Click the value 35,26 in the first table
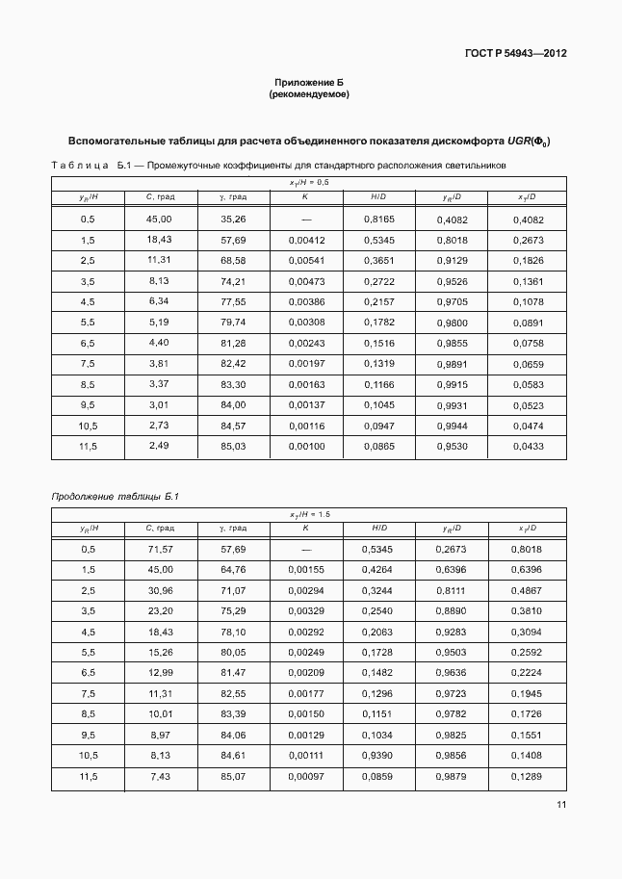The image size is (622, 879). click(x=233, y=220)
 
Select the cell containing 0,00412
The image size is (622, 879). click(x=306, y=240)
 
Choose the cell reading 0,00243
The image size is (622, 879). click(x=306, y=342)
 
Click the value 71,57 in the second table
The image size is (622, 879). click(x=159, y=549)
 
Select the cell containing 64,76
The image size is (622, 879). click(x=233, y=569)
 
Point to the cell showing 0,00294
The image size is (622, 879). click(x=306, y=589)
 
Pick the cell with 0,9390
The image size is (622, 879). click(x=378, y=756)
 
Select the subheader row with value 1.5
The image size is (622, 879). click(x=309, y=515)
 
